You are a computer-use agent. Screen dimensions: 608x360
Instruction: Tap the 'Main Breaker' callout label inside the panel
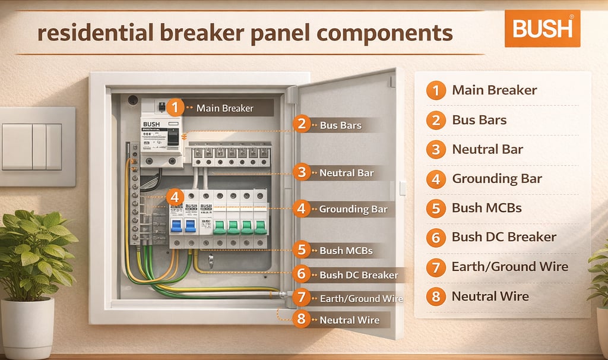tap(224, 108)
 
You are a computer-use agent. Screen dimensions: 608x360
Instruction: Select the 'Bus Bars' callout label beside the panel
tap(340, 125)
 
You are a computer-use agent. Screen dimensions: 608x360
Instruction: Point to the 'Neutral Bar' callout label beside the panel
tap(346, 173)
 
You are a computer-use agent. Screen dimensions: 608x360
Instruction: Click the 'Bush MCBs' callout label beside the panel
tap(346, 251)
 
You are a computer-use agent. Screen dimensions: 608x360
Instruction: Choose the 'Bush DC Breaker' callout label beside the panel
tap(359, 275)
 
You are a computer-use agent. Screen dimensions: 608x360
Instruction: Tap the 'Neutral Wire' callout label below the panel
tap(349, 320)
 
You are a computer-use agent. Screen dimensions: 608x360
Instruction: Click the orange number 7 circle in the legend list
tap(436, 267)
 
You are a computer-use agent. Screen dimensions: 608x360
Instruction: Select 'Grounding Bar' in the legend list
tap(497, 178)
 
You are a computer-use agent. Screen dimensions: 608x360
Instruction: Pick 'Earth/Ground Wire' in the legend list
tap(509, 266)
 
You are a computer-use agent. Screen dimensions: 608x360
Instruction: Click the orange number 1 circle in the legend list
tap(436, 91)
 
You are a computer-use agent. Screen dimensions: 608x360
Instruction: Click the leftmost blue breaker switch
tap(176, 225)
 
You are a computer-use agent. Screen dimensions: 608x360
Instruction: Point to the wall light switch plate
tap(37, 147)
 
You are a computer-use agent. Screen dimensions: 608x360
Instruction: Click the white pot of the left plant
tap(28, 327)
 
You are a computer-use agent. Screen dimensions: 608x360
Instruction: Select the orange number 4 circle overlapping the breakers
tap(175, 198)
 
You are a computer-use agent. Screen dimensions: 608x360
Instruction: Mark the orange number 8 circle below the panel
tap(302, 319)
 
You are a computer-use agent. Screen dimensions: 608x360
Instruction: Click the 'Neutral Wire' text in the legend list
tap(490, 296)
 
